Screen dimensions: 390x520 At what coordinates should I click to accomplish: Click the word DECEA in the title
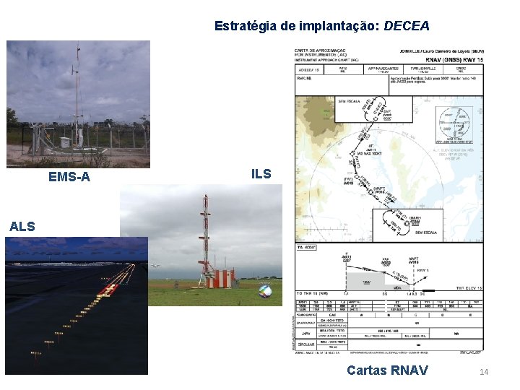pyautogui.click(x=407, y=26)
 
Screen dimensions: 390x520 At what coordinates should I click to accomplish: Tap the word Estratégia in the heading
pyautogui.click(x=246, y=26)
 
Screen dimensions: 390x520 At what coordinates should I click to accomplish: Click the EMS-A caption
pyautogui.click(x=69, y=176)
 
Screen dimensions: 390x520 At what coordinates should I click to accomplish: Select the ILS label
pyautogui.click(x=261, y=174)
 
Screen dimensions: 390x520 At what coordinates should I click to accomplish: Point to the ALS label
pyautogui.click(x=22, y=227)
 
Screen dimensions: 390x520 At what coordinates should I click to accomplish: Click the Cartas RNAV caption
pyautogui.click(x=387, y=370)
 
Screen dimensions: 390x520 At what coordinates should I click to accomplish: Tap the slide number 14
pyautogui.click(x=484, y=372)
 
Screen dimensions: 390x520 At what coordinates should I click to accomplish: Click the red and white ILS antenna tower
pyautogui.click(x=205, y=238)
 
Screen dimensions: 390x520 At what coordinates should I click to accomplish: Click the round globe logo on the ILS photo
pyautogui.click(x=266, y=291)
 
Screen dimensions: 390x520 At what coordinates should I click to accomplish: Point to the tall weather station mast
pyautogui.click(x=77, y=94)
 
